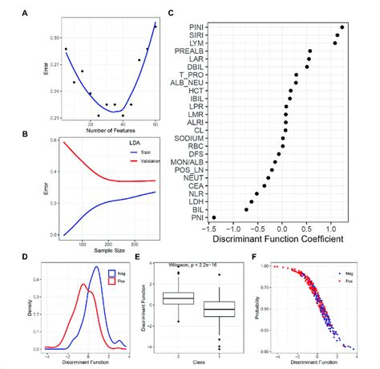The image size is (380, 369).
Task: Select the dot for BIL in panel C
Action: click(x=246, y=209)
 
